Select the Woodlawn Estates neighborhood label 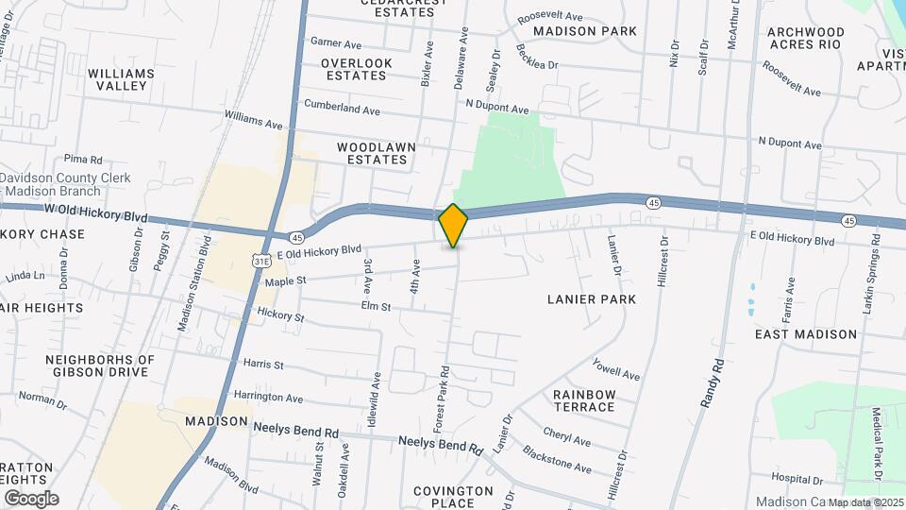coord(372,154)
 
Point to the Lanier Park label coord(592,299)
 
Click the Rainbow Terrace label coord(584,400)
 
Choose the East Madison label coord(806,334)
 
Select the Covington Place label coord(453,497)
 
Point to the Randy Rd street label coord(713,382)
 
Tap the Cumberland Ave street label coord(342,110)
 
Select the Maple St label coord(286,280)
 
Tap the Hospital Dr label coord(798,478)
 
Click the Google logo coord(31,498)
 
